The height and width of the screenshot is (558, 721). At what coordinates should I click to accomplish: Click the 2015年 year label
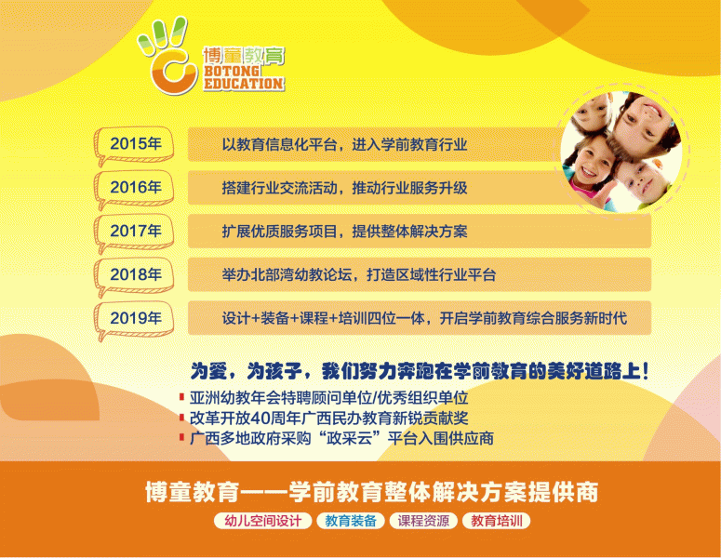point(136,144)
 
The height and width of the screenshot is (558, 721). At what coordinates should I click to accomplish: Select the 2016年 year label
point(136,187)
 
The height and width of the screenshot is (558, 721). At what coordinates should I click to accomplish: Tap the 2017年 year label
point(136,231)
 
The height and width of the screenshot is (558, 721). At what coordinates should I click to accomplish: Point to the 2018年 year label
point(136,274)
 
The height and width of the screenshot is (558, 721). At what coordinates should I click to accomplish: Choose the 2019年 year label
point(136,318)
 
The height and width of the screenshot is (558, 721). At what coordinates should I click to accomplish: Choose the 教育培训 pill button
point(497,521)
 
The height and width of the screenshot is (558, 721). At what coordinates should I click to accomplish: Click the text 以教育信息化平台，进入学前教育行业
point(344,144)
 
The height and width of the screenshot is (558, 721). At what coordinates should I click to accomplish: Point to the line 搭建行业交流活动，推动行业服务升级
point(344,188)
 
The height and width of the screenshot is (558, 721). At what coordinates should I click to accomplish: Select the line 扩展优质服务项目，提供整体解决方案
point(344,231)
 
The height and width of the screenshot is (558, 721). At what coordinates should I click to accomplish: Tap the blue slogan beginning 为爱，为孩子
point(420,370)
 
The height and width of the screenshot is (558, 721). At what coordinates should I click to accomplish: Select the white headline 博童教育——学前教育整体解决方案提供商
point(371,489)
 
